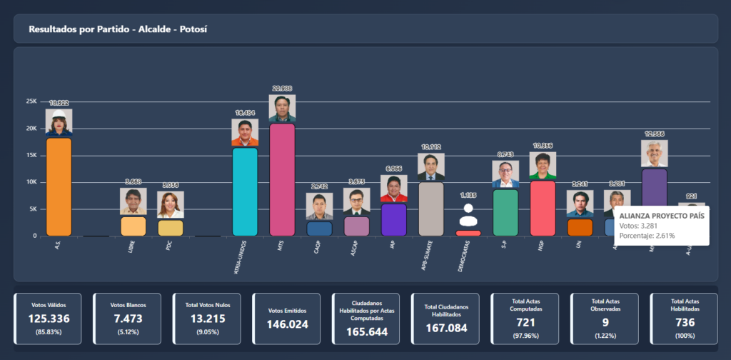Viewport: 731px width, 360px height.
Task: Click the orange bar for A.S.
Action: (x=59, y=186)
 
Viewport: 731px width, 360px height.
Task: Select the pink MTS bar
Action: (x=282, y=179)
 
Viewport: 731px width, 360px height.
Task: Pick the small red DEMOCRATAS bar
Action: (x=468, y=233)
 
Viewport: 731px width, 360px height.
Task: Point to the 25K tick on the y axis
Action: (x=31, y=101)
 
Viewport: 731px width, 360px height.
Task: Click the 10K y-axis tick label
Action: (x=31, y=182)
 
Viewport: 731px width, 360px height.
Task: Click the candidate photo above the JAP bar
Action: (x=393, y=189)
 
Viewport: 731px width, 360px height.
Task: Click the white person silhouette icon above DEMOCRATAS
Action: (x=468, y=215)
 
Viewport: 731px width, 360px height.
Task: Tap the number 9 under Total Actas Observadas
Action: (x=603, y=322)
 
